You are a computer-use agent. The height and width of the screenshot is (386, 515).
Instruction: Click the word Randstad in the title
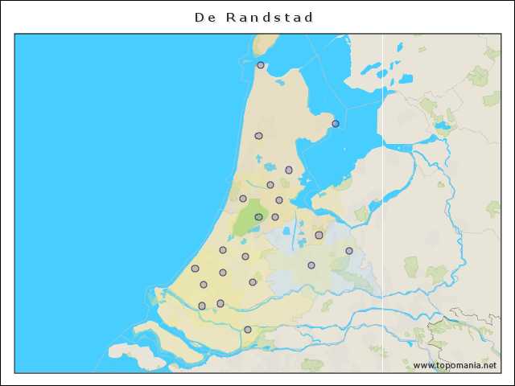(270, 17)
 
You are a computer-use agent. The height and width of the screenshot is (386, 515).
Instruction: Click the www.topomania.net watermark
(455, 365)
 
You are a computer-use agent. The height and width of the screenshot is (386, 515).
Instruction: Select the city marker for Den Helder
(261, 65)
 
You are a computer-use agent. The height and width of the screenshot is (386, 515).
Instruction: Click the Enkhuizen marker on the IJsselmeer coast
(336, 124)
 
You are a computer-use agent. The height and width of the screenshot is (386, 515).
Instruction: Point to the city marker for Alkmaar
(258, 136)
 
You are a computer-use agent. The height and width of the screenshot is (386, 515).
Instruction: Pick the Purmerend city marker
(289, 170)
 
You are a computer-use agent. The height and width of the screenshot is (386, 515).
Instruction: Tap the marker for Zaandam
(270, 185)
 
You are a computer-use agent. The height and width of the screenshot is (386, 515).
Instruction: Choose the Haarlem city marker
(243, 199)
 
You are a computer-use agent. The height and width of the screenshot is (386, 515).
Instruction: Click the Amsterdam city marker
(279, 200)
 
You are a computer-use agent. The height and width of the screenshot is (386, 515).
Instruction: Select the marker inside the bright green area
(258, 217)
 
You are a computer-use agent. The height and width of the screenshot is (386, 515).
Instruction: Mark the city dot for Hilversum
(319, 235)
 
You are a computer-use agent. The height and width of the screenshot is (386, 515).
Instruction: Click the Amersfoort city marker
(349, 251)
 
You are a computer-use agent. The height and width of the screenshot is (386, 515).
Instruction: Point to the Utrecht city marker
(311, 265)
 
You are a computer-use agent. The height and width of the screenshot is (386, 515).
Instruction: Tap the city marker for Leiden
(223, 250)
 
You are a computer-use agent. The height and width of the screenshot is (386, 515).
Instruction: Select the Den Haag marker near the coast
(195, 269)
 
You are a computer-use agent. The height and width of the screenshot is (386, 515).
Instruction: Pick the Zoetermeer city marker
(223, 273)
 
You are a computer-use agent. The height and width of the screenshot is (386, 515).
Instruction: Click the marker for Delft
(204, 285)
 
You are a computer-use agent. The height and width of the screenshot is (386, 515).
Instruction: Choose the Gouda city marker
(253, 282)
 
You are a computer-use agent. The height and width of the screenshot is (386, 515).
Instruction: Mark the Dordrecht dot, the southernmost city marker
(248, 330)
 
